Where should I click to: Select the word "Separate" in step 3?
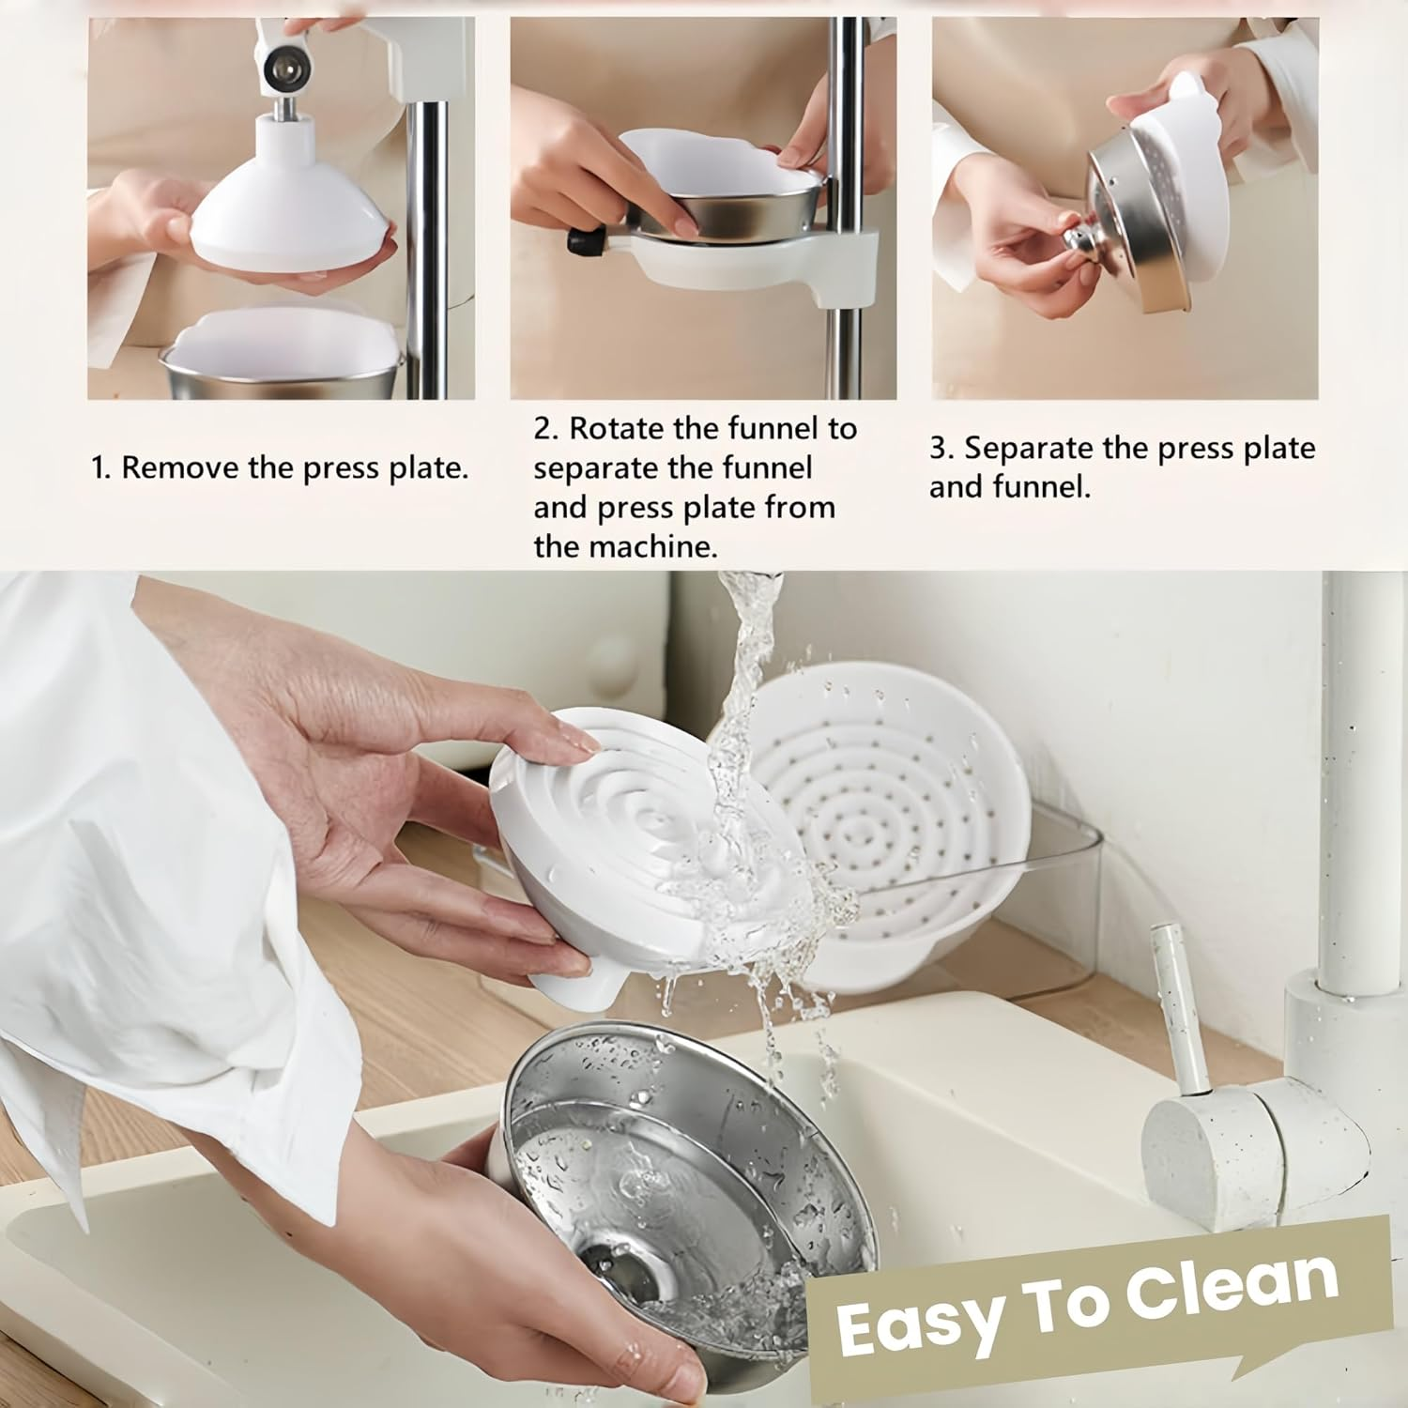1029,449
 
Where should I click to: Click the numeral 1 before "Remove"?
99,467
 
